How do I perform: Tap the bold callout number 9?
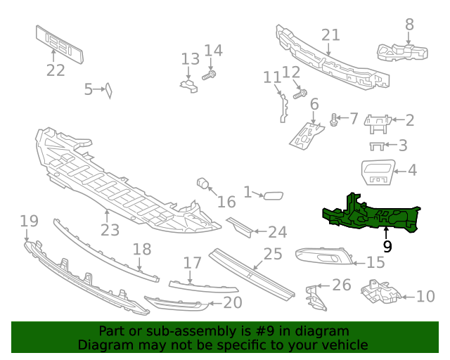387,246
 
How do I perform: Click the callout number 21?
330,35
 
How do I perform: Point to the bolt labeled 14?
209,73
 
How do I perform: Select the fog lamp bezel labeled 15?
321,259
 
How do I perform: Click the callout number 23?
110,230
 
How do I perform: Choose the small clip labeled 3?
378,146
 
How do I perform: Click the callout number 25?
272,253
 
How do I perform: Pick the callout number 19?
28,221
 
